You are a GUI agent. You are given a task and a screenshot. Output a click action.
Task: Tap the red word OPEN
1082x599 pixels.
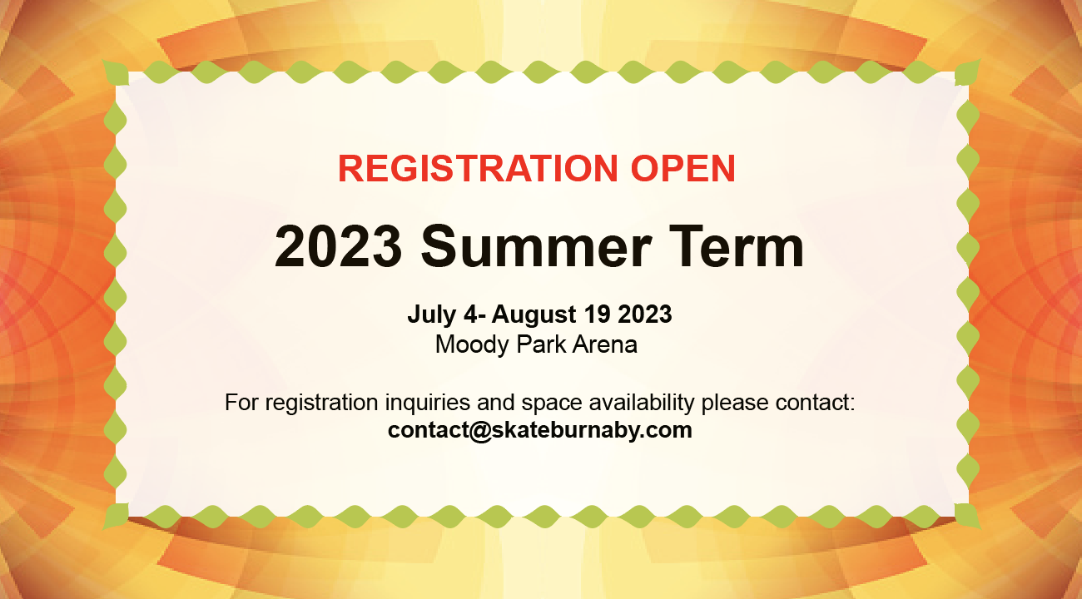(683, 168)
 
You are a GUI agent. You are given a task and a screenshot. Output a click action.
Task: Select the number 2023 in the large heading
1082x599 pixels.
(338, 246)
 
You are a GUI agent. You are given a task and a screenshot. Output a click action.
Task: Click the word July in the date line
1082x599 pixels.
(432, 315)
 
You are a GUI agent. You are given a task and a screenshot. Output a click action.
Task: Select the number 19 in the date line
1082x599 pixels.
(598, 314)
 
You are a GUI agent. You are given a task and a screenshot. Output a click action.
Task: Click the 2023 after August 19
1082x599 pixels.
(645, 314)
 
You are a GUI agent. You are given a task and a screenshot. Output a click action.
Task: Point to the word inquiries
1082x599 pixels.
(428, 403)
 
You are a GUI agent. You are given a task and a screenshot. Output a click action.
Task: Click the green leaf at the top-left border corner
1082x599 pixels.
(116, 73)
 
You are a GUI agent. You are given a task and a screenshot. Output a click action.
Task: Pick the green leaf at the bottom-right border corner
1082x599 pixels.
(967, 517)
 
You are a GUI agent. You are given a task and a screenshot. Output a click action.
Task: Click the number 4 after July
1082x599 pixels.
(470, 314)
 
